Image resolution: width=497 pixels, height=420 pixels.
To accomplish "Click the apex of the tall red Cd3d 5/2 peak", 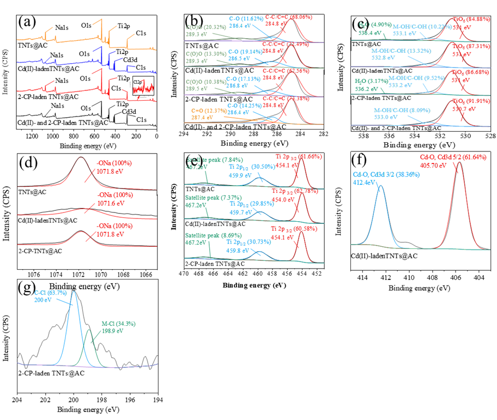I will coord(459,162).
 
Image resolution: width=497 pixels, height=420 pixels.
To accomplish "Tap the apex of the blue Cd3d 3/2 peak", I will coord(381,186).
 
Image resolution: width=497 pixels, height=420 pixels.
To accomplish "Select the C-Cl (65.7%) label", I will coord(51,293).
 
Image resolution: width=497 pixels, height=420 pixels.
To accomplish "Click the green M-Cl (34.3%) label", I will coord(118,324).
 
